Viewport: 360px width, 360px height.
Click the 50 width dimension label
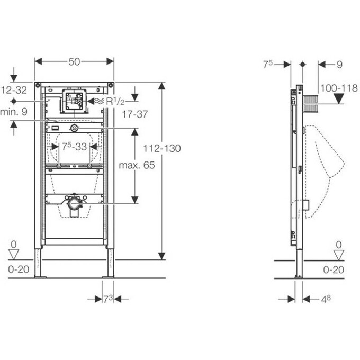pyautogui.click(x=74, y=61)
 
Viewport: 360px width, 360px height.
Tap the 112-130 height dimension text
pyautogui.click(x=162, y=148)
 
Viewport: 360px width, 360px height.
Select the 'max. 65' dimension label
pyautogui.click(x=137, y=165)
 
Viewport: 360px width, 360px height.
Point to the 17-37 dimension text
pyautogui.click(x=135, y=114)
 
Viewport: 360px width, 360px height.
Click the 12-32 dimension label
pyautogui.click(x=14, y=90)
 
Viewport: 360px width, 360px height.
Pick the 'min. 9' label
pyautogui.click(x=14, y=112)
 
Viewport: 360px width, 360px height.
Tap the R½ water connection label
pyautogui.click(x=115, y=101)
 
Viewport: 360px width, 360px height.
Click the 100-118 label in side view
pyautogui.click(x=339, y=88)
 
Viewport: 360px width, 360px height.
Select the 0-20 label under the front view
pyautogui.click(x=19, y=269)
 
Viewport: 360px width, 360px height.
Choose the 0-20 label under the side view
pyautogui.click(x=334, y=269)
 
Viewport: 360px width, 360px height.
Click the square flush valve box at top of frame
pyautogui.click(x=74, y=101)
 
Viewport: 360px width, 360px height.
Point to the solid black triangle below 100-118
pyautogui.click(x=339, y=98)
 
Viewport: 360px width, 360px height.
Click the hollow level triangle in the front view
pyautogui.click(x=14, y=255)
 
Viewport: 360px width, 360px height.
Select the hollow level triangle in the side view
pyautogui.click(x=339, y=255)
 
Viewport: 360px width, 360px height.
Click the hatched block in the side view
pyautogui.click(x=310, y=104)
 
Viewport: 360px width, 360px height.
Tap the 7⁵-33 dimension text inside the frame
pyautogui.click(x=75, y=147)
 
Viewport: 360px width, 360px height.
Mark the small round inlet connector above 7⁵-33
pyautogui.click(x=74, y=128)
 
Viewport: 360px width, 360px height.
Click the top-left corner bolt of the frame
pyautogui.click(x=38, y=85)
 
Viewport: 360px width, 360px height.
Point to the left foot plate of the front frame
pyautogui.click(x=40, y=277)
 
